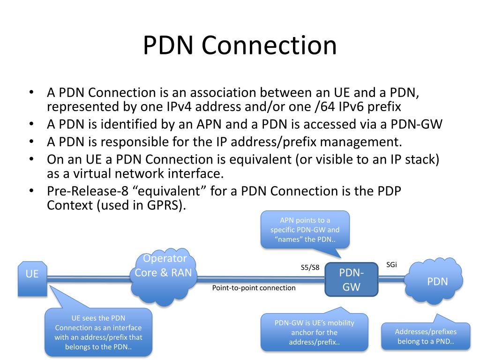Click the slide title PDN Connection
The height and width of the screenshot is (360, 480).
point(240,46)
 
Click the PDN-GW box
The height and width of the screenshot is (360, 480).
point(352,280)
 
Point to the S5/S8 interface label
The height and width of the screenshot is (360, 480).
point(310,268)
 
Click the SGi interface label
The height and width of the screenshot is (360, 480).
point(391,264)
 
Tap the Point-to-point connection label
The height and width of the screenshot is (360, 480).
point(254,288)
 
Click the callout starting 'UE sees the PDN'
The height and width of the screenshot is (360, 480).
point(98,332)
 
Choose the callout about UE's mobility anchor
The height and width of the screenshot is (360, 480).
point(314,332)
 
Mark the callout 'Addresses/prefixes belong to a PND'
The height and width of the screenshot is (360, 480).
point(426,336)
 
